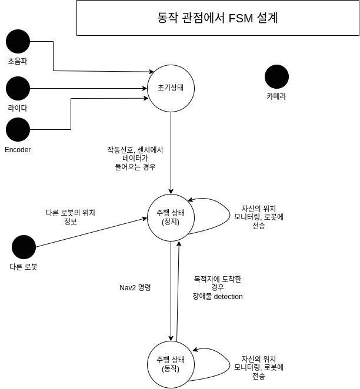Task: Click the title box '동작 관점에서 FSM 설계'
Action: pos(218,18)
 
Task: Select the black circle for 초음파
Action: pos(18,41)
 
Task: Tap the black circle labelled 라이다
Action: pos(18,88)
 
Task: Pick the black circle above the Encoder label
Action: pos(18,129)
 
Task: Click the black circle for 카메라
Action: pos(276,76)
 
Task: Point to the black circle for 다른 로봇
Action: pos(24,247)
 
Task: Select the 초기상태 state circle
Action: pos(171,88)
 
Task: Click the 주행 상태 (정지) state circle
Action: pos(171,217)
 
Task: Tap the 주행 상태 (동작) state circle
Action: pos(171,364)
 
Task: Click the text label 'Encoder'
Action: pos(18,150)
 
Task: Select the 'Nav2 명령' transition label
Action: pos(135,288)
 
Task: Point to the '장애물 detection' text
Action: pos(218,297)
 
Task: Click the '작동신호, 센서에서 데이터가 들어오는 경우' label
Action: pos(135,159)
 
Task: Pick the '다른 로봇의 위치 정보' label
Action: pos(71,217)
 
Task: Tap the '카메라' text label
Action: pos(276,97)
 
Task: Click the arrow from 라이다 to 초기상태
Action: pos(88,88)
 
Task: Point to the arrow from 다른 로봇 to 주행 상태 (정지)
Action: pos(88,233)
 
